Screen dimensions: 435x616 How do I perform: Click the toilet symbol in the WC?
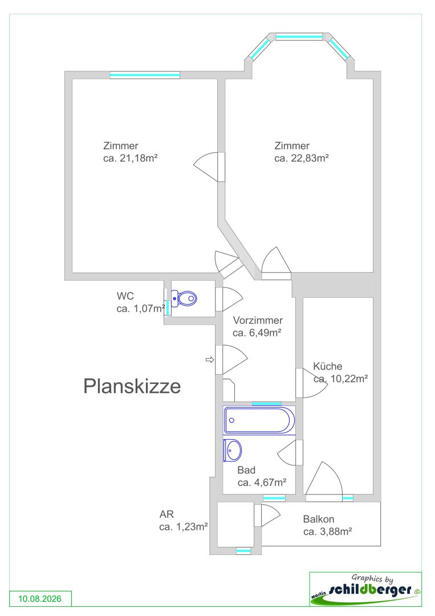tap(184, 298)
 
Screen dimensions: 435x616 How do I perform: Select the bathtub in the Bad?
tap(259, 420)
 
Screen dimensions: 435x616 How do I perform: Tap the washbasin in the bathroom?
tap(233, 450)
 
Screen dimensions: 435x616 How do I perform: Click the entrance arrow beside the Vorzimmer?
tap(210, 359)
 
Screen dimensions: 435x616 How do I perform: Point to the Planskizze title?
tap(132, 386)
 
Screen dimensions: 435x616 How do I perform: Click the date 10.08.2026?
tap(40, 599)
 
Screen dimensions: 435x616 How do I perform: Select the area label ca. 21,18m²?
tap(131, 159)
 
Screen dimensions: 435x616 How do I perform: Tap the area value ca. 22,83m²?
tap(302, 159)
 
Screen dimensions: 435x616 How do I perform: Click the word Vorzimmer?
tap(258, 320)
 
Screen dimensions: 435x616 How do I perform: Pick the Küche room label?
tap(328, 366)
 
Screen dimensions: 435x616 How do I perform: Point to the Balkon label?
tap(318, 519)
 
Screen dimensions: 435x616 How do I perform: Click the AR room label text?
tap(166, 514)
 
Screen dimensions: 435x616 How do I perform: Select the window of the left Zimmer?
tap(145, 75)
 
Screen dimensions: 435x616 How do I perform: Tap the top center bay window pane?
tap(299, 37)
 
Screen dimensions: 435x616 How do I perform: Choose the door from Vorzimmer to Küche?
tap(312, 383)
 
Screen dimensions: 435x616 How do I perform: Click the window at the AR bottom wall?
tap(243, 551)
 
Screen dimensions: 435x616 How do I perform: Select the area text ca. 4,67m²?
tap(262, 483)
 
